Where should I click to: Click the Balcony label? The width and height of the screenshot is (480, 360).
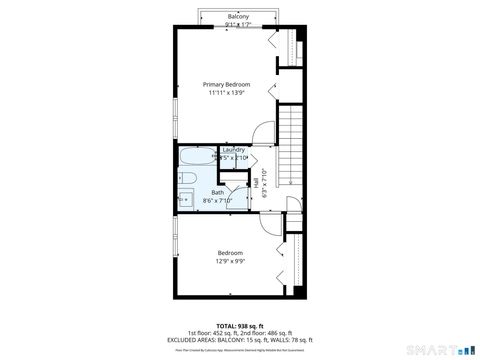pos(238,17)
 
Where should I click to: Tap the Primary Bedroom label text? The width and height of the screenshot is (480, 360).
pos(226,85)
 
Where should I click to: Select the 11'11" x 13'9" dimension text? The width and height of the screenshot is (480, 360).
pos(226,94)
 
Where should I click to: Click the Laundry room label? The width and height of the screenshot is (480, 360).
pos(233,150)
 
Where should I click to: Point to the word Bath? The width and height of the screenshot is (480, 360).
pos(217,192)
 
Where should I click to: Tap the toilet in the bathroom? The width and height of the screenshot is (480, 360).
pos(186,180)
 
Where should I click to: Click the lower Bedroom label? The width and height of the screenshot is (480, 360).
pos(230,254)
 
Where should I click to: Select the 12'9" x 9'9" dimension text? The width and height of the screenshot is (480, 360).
pos(230,263)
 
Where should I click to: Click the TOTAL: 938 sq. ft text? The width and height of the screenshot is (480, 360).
pos(238,325)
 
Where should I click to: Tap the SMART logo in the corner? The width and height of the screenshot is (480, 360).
pos(437,350)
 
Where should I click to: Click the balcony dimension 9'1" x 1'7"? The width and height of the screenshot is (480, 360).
pos(238,25)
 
